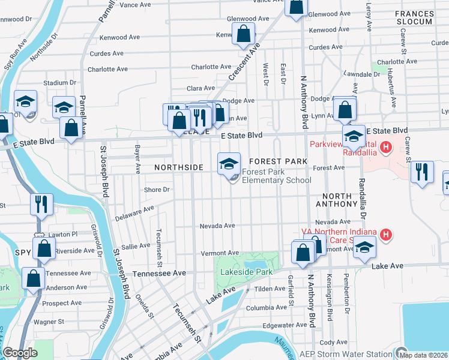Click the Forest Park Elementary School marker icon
pos(228,164)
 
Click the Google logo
pos(20,353)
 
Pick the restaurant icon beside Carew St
pos(422,172)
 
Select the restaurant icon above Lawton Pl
pos(42,204)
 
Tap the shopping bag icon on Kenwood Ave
pos(243,35)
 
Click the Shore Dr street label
pos(157,190)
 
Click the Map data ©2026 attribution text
pos(424,355)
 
